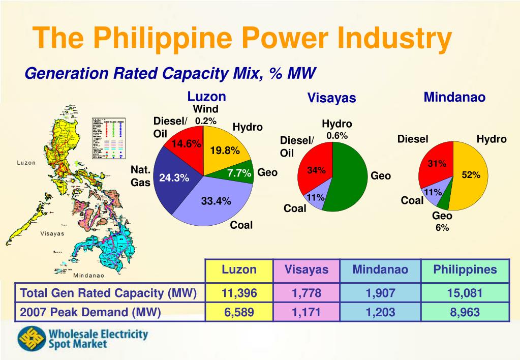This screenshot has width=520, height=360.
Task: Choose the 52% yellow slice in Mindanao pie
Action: click(x=470, y=175)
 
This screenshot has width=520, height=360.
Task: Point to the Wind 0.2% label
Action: click(x=205, y=115)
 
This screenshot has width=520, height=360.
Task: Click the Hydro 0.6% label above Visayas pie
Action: click(x=337, y=130)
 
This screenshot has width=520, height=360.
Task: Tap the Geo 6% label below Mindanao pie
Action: click(x=442, y=222)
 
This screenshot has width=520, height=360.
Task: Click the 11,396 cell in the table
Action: click(x=239, y=293)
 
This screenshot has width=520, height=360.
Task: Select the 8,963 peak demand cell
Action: click(x=465, y=312)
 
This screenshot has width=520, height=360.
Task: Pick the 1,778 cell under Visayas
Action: click(x=306, y=293)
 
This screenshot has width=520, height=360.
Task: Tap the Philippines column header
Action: click(x=465, y=269)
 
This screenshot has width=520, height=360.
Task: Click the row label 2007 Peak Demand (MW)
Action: click(x=90, y=312)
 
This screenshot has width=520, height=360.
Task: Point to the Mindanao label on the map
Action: click(x=89, y=276)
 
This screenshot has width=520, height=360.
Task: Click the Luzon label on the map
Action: click(x=26, y=163)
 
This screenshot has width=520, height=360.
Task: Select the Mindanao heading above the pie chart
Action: click(x=454, y=97)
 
